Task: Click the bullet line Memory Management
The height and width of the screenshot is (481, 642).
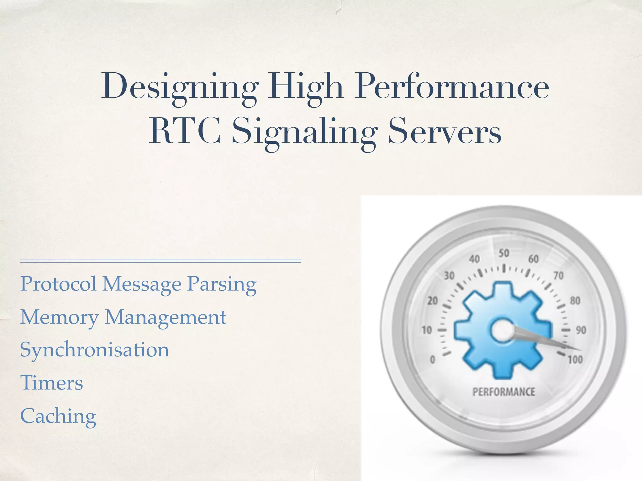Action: pos(123,317)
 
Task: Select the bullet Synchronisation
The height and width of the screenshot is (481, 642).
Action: pos(95,350)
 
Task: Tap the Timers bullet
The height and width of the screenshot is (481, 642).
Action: pos(52,383)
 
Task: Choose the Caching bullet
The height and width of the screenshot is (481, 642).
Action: pos(58,416)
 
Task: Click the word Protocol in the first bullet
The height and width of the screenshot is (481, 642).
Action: pos(58,284)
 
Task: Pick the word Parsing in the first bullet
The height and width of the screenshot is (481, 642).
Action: pos(222,284)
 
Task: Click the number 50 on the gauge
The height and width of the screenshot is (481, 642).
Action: pos(504,253)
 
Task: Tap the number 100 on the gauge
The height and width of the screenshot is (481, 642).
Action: pos(575,359)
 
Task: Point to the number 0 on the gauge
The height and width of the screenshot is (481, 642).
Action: pos(433,359)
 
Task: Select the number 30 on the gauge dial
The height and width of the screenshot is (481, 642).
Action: pos(449,276)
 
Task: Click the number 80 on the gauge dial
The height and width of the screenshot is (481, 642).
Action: pos(575,301)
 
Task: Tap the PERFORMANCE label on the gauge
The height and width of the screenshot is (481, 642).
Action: pos(504,392)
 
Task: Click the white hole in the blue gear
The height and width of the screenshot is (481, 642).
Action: pos(502,331)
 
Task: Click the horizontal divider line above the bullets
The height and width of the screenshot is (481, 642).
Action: pos(160,261)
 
